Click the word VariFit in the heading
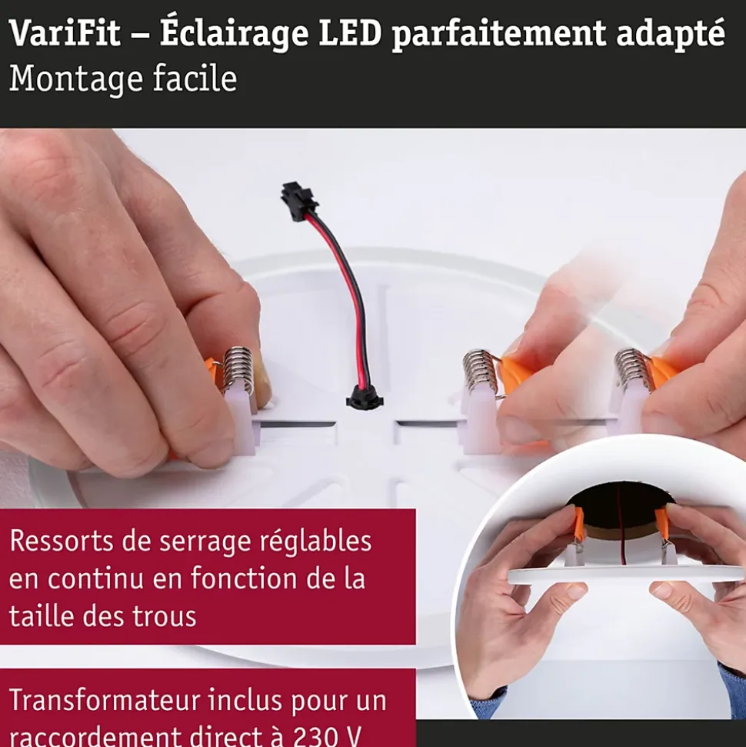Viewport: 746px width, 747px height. pos(65,33)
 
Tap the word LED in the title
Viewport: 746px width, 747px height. pos(350,33)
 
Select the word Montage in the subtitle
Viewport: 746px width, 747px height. pos(75,79)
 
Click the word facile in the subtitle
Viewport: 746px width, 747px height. pos(195,78)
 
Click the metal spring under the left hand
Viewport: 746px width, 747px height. pos(238,370)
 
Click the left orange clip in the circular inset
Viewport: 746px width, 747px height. pos(578,525)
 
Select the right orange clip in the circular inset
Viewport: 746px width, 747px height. pos(663,524)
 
